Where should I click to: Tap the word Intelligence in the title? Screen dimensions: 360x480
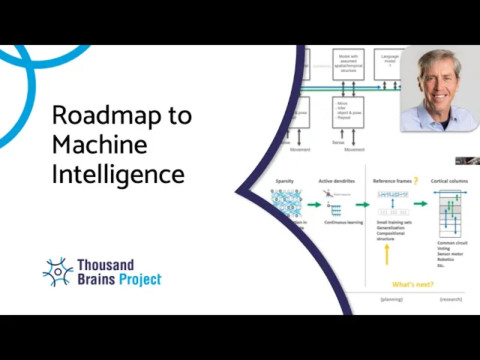(x=118, y=174)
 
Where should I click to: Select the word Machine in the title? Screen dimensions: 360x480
(x=99, y=145)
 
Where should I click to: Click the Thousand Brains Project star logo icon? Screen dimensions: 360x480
(x=58, y=272)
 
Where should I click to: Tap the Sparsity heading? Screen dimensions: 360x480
(x=283, y=181)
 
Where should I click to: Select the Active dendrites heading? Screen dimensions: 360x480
(x=335, y=181)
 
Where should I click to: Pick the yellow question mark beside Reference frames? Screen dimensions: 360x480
(x=415, y=181)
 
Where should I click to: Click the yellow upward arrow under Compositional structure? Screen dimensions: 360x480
(x=387, y=255)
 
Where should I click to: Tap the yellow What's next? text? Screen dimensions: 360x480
(x=412, y=284)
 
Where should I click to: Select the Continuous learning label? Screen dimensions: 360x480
(x=344, y=223)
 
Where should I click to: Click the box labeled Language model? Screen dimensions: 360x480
(x=390, y=60)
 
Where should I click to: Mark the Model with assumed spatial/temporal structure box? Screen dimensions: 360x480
(x=347, y=64)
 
